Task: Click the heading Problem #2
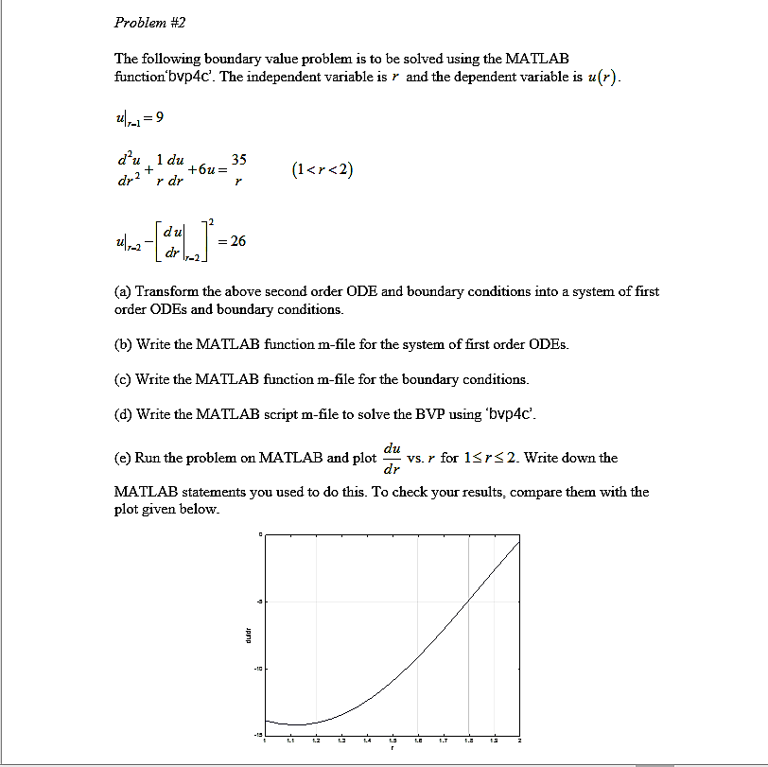pyautogui.click(x=144, y=22)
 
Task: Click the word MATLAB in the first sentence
pyautogui.click(x=537, y=59)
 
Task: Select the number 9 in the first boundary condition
pyautogui.click(x=160, y=117)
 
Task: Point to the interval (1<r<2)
pyautogui.click(x=323, y=170)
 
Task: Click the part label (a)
pyautogui.click(x=123, y=291)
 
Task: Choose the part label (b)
pyautogui.click(x=123, y=344)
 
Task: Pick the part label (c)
pyautogui.click(x=123, y=379)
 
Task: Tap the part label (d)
pyautogui.click(x=123, y=414)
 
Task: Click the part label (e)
pyautogui.click(x=123, y=458)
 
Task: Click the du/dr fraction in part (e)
pyautogui.click(x=392, y=457)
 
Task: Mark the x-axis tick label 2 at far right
pyautogui.click(x=518, y=741)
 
